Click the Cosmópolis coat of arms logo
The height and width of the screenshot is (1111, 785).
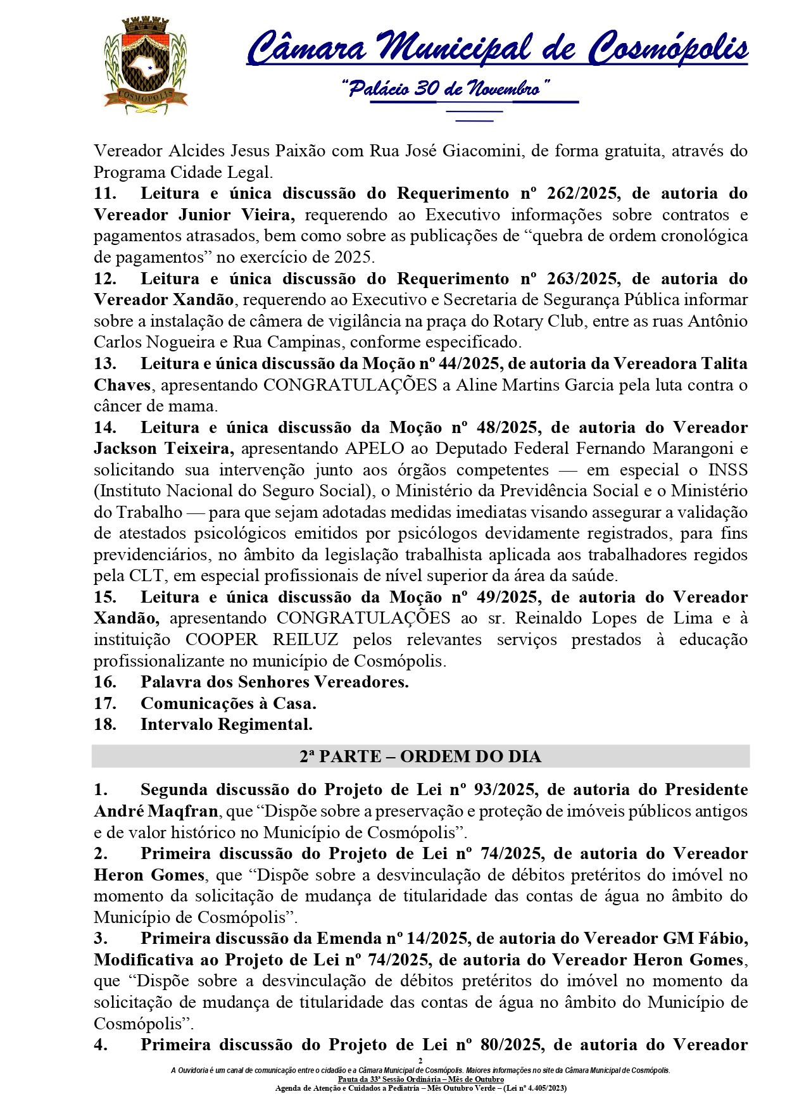click(146, 66)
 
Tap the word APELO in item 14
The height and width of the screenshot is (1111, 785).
click(375, 448)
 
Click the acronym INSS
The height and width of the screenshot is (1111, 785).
click(727, 470)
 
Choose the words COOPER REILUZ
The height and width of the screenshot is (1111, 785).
click(261, 639)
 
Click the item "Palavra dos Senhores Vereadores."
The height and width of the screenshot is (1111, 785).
click(274, 682)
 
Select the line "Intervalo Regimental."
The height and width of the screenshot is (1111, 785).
click(226, 724)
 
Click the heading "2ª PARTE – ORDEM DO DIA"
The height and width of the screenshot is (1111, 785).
click(420, 756)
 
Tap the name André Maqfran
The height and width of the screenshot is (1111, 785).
click(156, 811)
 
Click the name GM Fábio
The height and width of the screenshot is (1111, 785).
click(705, 938)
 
